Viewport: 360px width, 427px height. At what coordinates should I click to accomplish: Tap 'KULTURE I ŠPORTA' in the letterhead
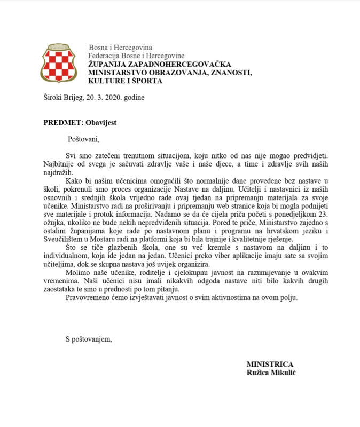tap(126, 81)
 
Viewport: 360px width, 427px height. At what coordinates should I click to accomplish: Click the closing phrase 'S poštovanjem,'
tap(89, 338)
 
